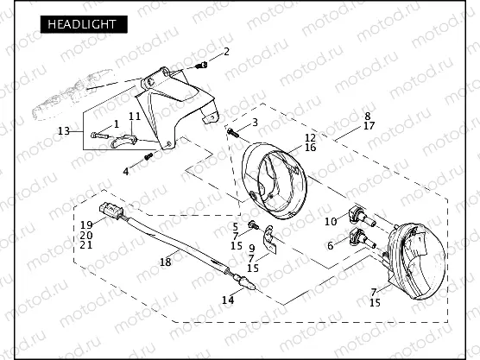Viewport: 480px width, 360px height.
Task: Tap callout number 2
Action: coord(226,52)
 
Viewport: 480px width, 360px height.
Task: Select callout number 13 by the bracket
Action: coord(64,131)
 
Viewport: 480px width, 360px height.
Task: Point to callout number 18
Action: coord(165,261)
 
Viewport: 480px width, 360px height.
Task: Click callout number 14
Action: coord(227,300)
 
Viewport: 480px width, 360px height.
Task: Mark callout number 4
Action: coord(126,172)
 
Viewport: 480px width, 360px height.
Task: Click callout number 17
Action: coord(369,126)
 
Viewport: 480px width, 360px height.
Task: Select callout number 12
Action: coord(310,137)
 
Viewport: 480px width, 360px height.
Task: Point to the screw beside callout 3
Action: coord(235,133)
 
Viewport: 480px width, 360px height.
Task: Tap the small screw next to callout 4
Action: coord(148,156)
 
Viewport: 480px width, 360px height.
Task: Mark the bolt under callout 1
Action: coord(101,136)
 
